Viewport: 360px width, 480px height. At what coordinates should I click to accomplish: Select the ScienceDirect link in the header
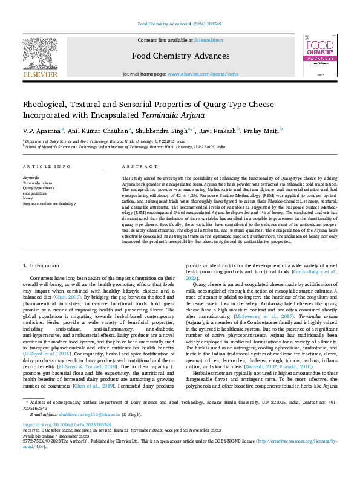coord(208,40)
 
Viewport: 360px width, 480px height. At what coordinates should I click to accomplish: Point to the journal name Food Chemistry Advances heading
coord(180,56)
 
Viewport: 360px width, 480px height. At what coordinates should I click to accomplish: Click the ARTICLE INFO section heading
coord(45,166)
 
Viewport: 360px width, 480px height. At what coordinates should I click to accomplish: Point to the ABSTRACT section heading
coord(136,166)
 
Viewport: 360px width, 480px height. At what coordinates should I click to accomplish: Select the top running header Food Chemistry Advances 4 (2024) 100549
coord(180,24)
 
